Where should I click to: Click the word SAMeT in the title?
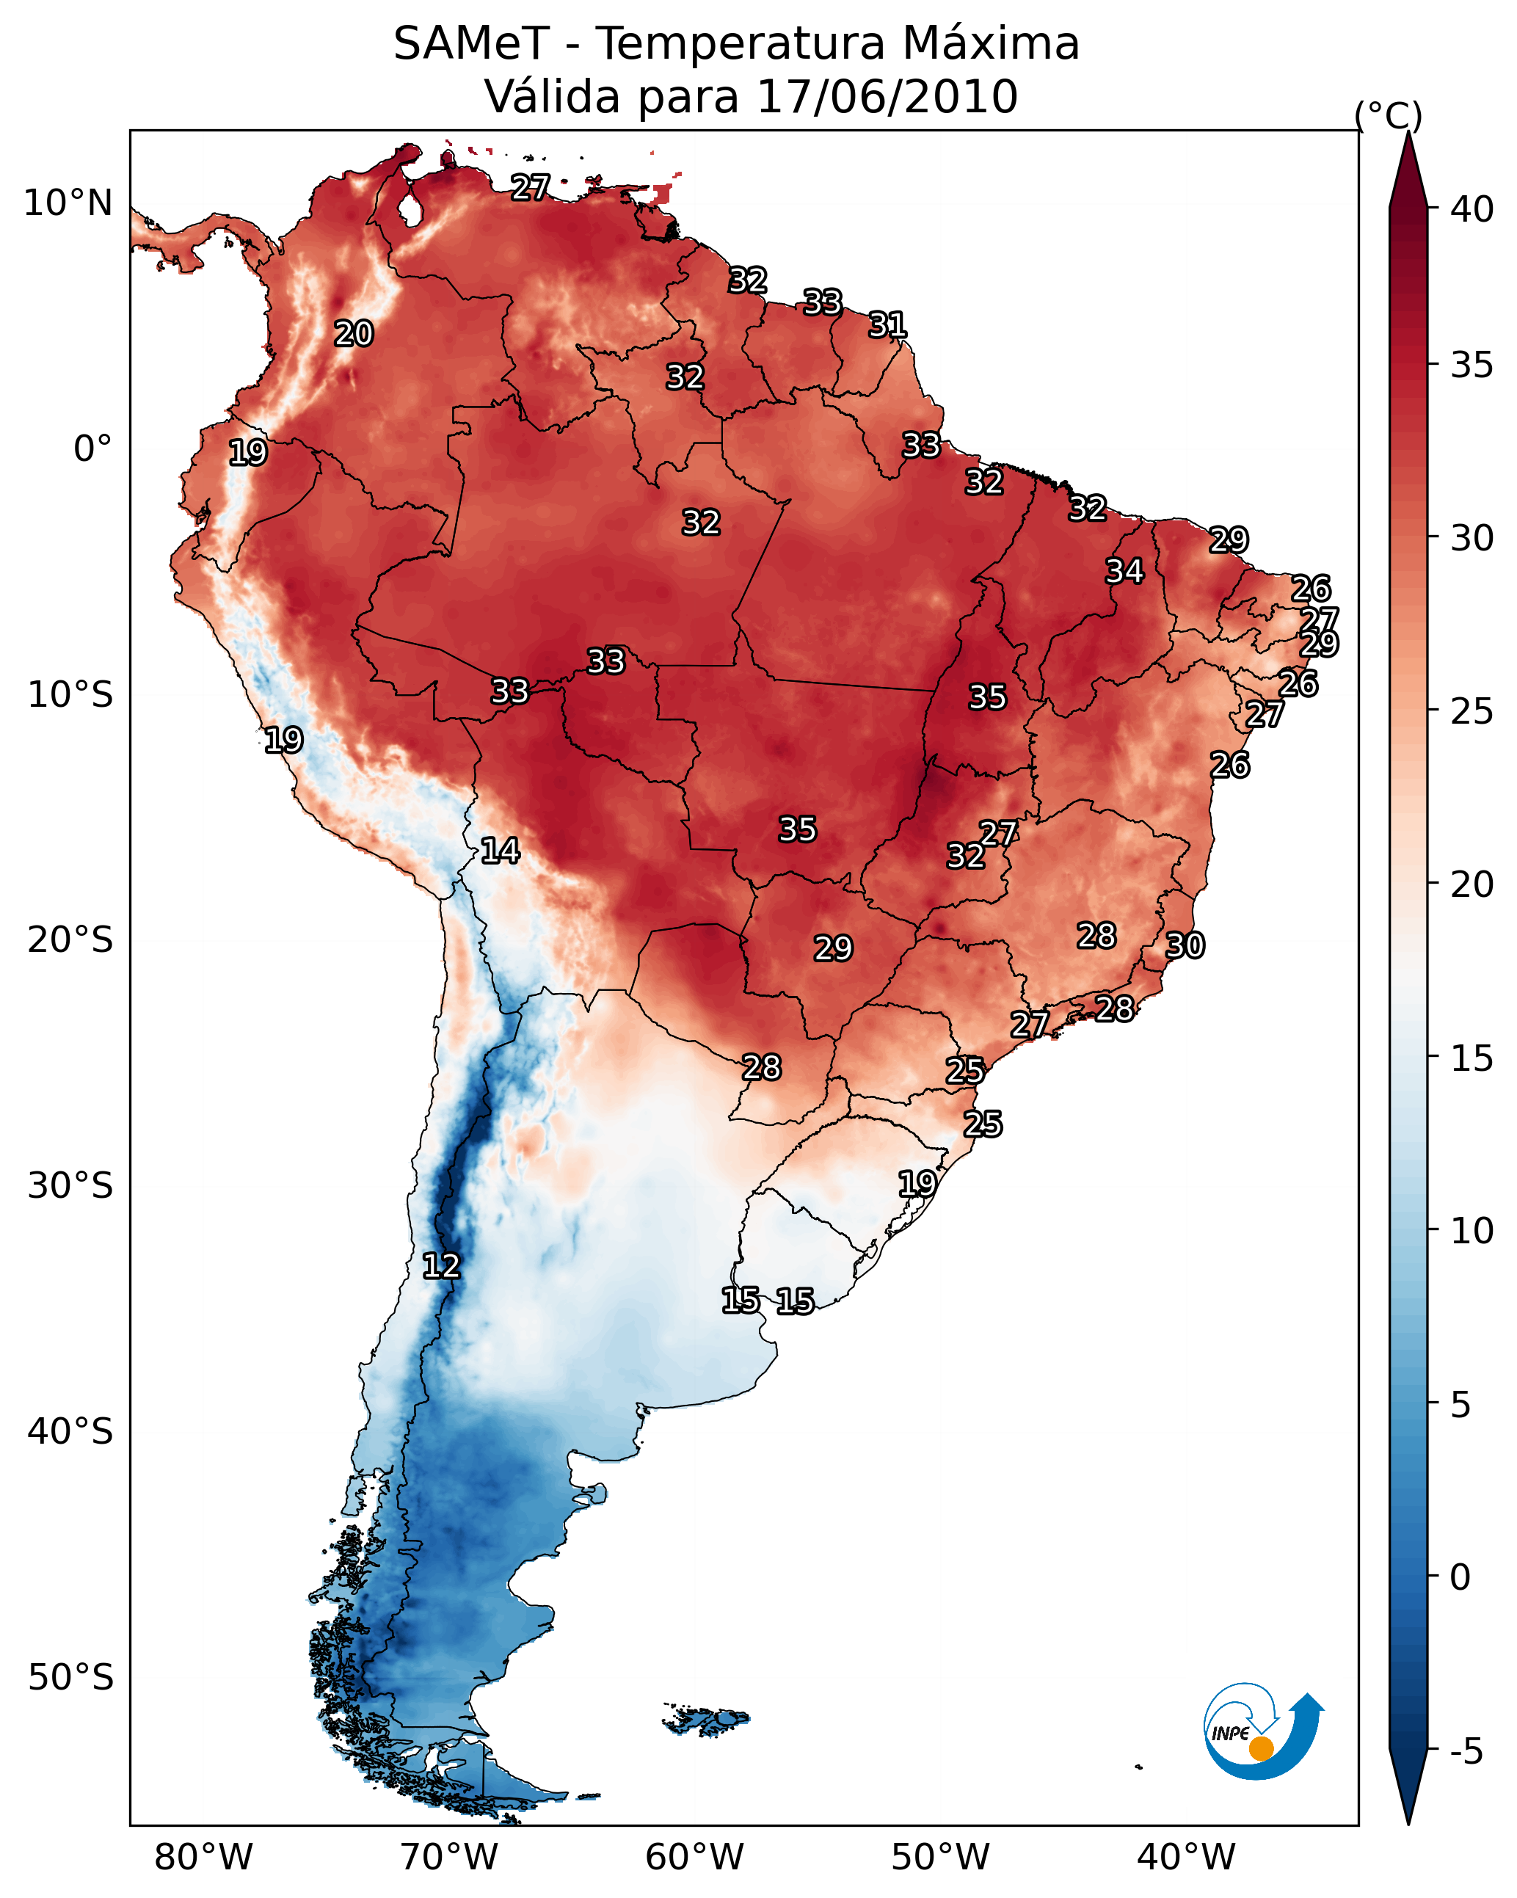coord(471,44)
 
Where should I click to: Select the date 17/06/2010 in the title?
coord(887,97)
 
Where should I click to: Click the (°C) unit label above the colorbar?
coord(1389,115)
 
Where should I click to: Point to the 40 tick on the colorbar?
coord(1472,209)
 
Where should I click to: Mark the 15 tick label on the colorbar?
coord(1472,1058)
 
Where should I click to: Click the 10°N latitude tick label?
coord(68,203)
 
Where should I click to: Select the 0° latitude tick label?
coord(92,449)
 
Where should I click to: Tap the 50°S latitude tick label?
coord(70,1678)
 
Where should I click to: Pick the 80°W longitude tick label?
coord(203,1858)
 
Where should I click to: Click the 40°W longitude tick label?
coord(1186,1858)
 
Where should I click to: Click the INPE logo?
coord(1262,1734)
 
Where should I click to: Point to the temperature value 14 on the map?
coord(500,851)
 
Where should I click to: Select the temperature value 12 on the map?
coord(441,1267)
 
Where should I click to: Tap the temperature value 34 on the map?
coord(1124,571)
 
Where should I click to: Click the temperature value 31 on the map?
coord(887,326)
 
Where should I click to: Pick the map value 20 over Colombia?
coord(354,334)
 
